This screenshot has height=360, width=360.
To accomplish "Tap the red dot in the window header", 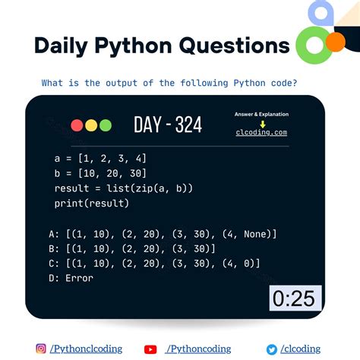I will click(77, 125).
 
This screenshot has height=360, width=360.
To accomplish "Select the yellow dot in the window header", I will click(90, 125).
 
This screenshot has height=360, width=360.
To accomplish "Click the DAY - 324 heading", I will click(168, 125).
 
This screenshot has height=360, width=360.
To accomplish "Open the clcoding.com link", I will click(261, 133).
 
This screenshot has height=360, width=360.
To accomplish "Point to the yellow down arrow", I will click(261, 123).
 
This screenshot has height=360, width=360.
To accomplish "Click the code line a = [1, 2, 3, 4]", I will click(100, 158).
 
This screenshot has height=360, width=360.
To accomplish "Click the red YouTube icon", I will click(150, 349).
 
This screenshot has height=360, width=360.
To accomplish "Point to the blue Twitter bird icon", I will click(272, 349).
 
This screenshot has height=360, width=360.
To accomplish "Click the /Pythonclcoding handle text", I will click(86, 349).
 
